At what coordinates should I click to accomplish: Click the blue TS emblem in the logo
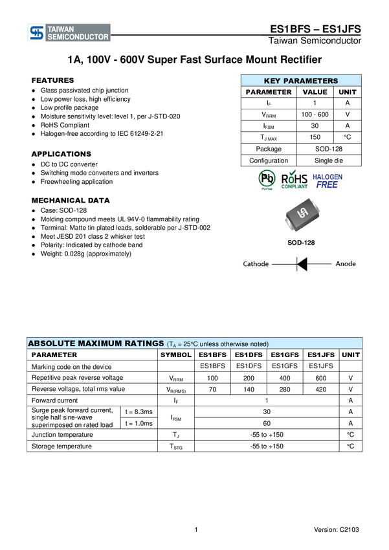tap(38, 33)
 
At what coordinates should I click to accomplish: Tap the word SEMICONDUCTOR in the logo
tap(78, 38)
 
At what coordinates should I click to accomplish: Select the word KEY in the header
tap(272, 81)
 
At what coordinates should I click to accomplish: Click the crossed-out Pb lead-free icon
tap(266, 179)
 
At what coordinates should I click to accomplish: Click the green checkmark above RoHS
tap(301, 172)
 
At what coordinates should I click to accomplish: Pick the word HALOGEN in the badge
tap(328, 176)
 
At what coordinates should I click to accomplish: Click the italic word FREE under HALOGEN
tap(328, 184)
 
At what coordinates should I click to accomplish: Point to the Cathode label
tap(256, 264)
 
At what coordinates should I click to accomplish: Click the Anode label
tap(345, 264)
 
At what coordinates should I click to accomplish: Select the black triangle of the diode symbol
tap(303, 264)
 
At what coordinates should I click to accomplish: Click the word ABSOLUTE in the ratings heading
tap(51, 344)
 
